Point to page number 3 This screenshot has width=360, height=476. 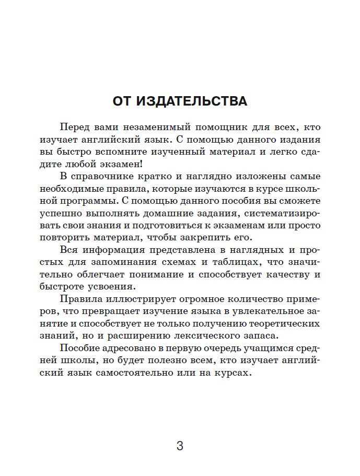coord(180,446)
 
